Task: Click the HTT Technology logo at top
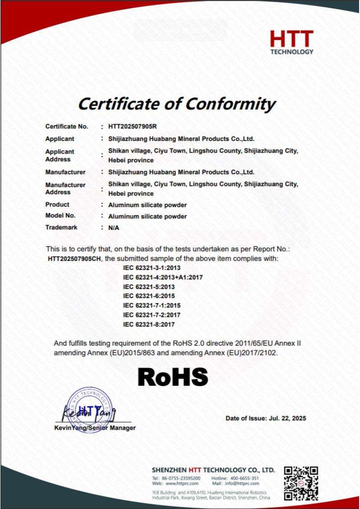pyautogui.click(x=292, y=42)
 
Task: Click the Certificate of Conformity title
pyautogui.click(x=176, y=104)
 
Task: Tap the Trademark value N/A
pyautogui.click(x=114, y=228)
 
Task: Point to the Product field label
pyautogui.click(x=57, y=205)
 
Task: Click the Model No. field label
pyautogui.click(x=60, y=216)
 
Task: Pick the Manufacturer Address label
pyautogui.click(x=65, y=189)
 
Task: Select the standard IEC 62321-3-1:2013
pyautogui.click(x=148, y=268)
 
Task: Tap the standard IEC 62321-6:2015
pyautogui.click(x=148, y=296)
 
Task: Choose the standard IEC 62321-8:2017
pyautogui.click(x=148, y=324)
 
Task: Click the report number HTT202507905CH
pyautogui.click(x=75, y=259)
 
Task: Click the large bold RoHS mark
pyautogui.click(x=173, y=377)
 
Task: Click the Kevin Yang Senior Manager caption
pyautogui.click(x=94, y=428)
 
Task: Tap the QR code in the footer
pyautogui.click(x=301, y=483)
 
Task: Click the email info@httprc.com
pyautogui.click(x=243, y=483)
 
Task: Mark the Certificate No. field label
pyautogui.click(x=67, y=127)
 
